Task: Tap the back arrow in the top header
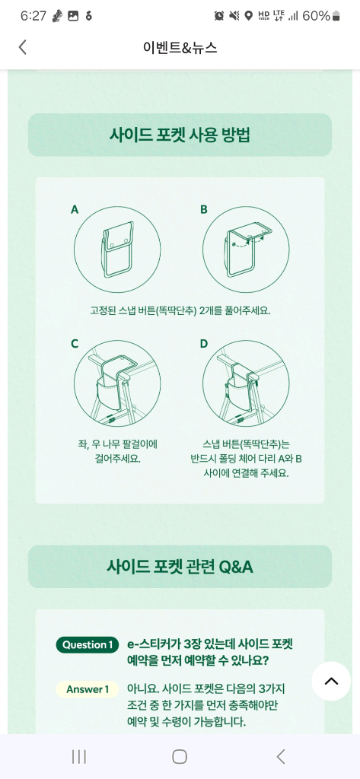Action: [22, 47]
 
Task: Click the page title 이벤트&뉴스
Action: [180, 47]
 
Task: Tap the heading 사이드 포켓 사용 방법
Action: [180, 135]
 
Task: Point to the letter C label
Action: [75, 344]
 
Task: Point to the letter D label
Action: [204, 344]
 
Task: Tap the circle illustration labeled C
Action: [117, 384]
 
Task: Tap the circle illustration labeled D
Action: [246, 384]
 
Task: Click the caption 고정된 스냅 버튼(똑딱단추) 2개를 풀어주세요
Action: [180, 311]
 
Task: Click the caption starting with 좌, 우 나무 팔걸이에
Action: [116, 451]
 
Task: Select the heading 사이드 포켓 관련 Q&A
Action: [180, 567]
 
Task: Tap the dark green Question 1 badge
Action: [88, 645]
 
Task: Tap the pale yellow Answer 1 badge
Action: [88, 689]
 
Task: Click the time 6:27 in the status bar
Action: [33, 16]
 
